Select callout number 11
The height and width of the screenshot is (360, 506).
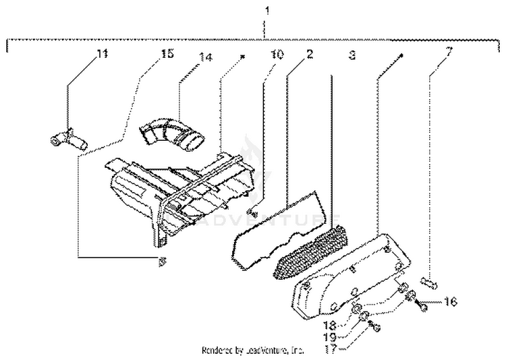[103, 55]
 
